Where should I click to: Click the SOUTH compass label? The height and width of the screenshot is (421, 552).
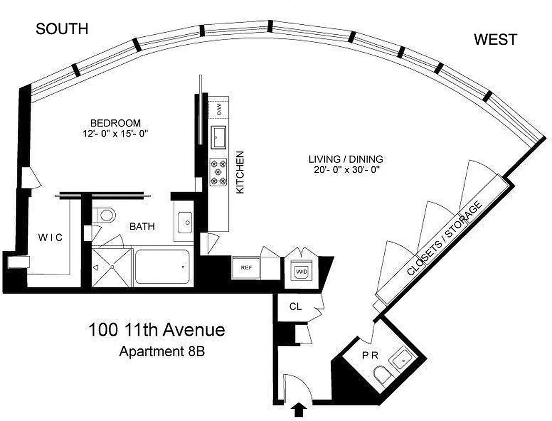coord(62,29)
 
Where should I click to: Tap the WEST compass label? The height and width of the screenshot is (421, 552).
coord(495,39)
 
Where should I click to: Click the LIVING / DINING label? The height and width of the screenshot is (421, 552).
coord(345,159)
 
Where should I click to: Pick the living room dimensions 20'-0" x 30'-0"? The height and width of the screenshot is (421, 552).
coord(345,169)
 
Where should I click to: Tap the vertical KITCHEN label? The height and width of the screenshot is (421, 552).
coord(240,173)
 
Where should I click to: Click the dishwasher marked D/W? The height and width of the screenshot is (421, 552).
coord(218,109)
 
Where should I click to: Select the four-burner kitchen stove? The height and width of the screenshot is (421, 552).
coord(218,172)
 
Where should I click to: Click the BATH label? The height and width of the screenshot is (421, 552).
coord(142,227)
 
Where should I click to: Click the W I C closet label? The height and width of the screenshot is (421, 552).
coord(50,238)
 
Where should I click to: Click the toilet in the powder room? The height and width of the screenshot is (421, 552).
coord(382,376)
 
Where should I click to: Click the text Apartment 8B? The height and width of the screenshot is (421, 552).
coord(162,351)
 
